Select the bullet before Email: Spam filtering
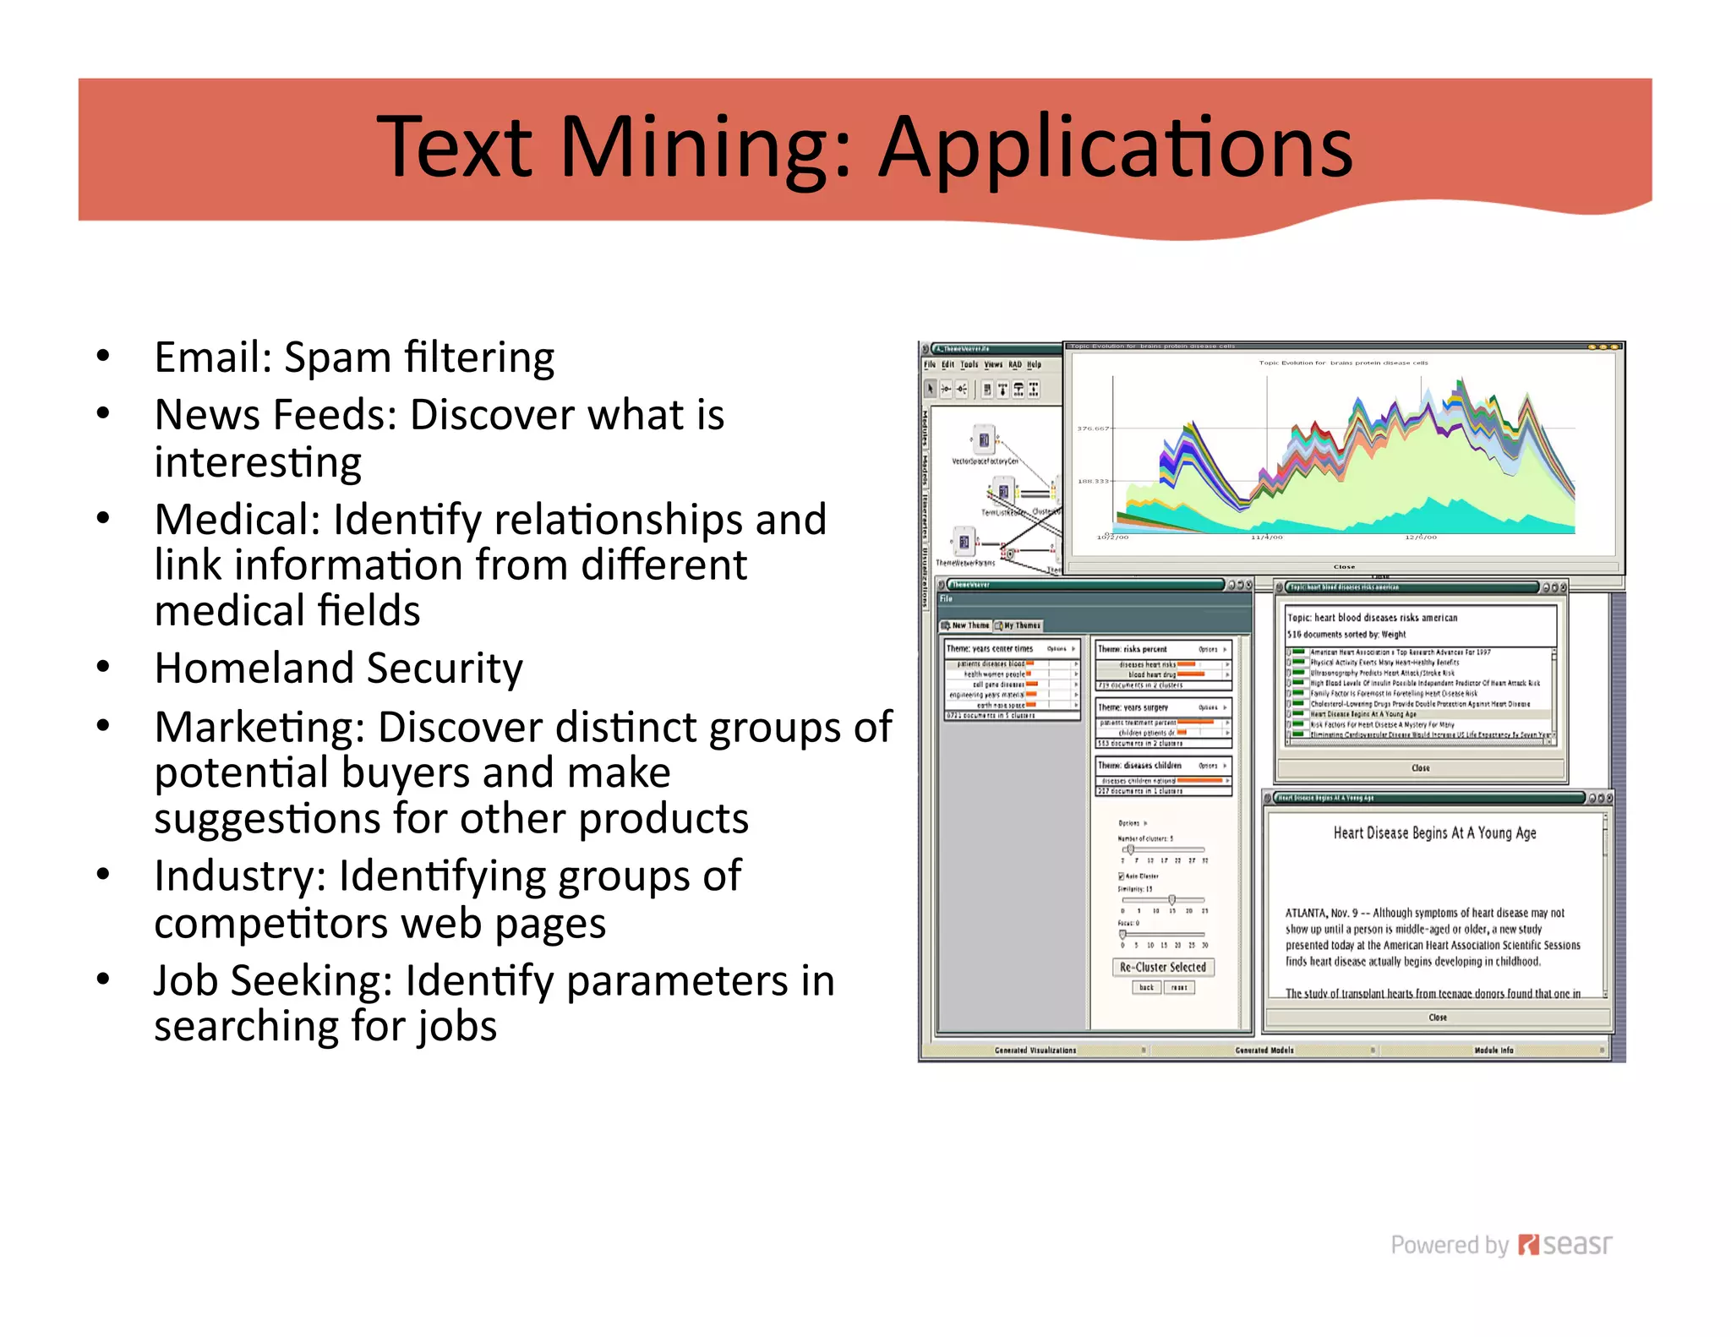click(103, 356)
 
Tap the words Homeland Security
click(338, 668)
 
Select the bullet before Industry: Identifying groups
click(103, 875)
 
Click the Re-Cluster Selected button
click(1162, 967)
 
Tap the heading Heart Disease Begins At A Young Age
click(1434, 833)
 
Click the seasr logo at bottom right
click(1565, 1245)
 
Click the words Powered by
click(1449, 1245)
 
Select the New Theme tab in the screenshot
click(965, 625)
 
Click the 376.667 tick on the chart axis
click(1092, 428)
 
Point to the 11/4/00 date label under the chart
click(1266, 538)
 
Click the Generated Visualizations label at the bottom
click(1035, 1050)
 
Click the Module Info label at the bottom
click(1493, 1050)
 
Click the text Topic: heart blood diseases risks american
click(1372, 618)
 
